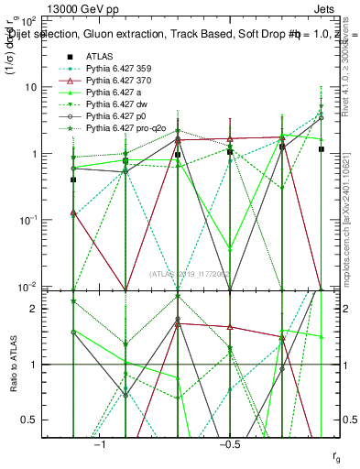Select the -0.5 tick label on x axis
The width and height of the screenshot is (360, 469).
tap(228, 444)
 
